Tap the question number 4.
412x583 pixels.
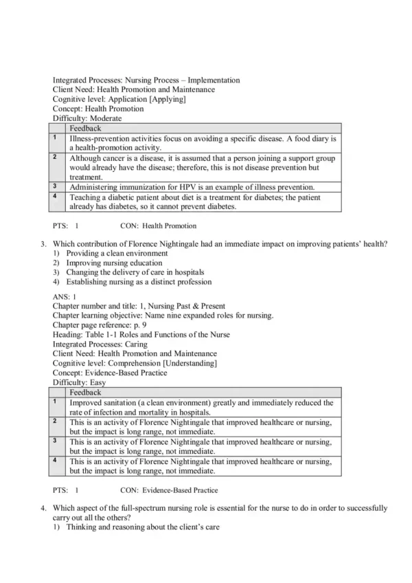43,508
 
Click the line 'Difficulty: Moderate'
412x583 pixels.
87,118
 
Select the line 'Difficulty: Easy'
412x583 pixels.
80,382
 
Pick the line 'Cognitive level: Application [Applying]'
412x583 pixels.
119,99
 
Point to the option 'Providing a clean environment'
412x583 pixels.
117,253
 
